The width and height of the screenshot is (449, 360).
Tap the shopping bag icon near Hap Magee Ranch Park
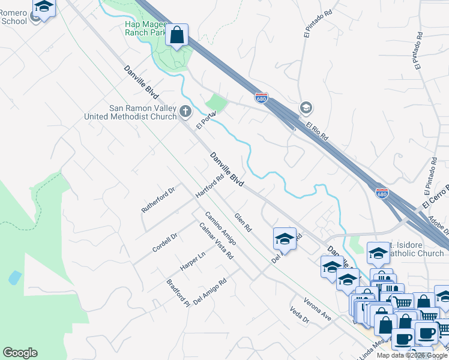tap(177, 36)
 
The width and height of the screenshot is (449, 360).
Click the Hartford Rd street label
tap(209, 186)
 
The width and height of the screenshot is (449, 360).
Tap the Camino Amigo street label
tap(220, 228)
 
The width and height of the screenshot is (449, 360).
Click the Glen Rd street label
tap(243, 223)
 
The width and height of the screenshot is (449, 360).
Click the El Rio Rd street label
tap(317, 132)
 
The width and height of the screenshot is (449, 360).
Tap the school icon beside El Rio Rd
tap(306, 108)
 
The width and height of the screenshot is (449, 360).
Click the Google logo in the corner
tap(20, 353)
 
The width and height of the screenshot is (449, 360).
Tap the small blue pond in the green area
tap(15, 278)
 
